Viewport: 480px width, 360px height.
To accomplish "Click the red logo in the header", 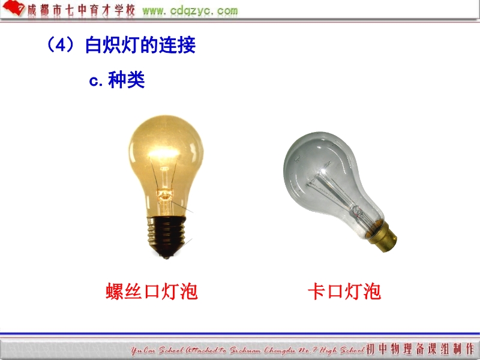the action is tap(13, 8).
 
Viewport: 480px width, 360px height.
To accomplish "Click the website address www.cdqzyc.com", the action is tap(190, 11).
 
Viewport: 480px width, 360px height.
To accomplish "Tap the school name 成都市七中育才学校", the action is tap(81, 10).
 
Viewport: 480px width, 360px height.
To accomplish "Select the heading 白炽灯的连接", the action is tap(140, 45).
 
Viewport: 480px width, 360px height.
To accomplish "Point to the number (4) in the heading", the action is tap(61, 44).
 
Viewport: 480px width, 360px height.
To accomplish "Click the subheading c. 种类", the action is tap(116, 80).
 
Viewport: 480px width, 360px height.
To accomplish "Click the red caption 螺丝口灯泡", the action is tap(152, 291).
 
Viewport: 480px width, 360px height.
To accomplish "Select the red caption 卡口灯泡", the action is tap(344, 291).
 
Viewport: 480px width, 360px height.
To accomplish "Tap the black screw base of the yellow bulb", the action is tap(166, 234).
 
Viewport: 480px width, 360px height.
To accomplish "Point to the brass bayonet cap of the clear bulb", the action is tap(383, 236).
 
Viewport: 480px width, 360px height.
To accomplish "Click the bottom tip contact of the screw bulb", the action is tap(167, 256).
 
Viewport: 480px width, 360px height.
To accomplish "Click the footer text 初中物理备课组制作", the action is tap(420, 349).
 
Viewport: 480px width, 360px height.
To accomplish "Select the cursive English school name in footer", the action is tap(248, 350).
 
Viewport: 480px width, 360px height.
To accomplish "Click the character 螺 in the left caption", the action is tap(115, 291).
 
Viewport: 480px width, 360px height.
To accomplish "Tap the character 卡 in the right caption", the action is tap(317, 291).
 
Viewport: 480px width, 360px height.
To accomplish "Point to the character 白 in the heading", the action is tap(94, 45).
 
